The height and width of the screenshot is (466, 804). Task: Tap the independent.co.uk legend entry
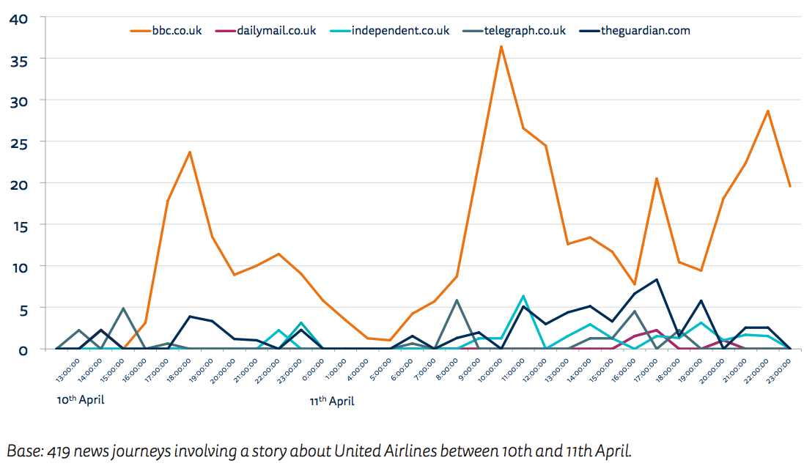click(x=399, y=31)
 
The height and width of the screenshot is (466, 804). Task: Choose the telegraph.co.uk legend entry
click(x=524, y=31)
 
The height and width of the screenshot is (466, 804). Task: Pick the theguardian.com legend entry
click(x=645, y=31)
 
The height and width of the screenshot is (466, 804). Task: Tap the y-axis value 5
click(x=23, y=308)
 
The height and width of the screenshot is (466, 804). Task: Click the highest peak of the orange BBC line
click(x=501, y=46)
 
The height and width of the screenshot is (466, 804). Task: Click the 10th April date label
click(x=81, y=400)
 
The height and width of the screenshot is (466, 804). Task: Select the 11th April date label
click(x=333, y=401)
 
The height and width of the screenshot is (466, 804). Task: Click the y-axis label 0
click(x=23, y=350)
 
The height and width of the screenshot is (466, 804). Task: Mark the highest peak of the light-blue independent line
click(x=523, y=296)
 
